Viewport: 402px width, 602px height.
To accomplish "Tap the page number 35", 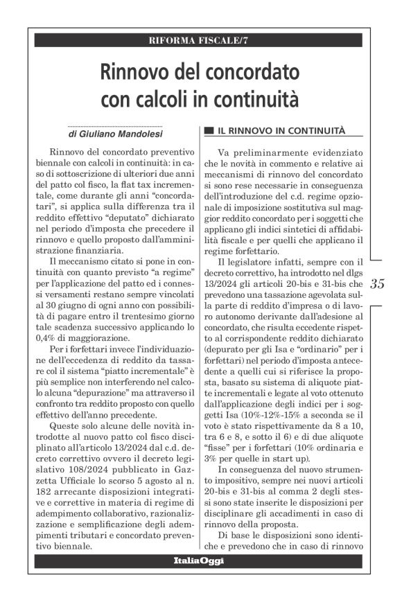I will pos(378,284).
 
